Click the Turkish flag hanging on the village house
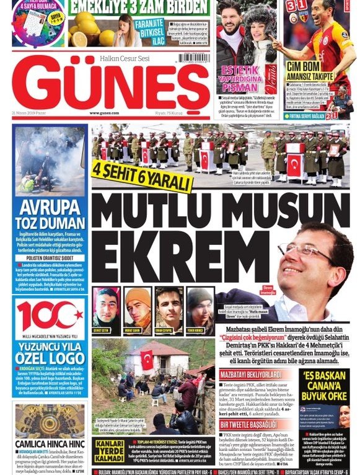click(x=146, y=360)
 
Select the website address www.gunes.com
click(x=103, y=113)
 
